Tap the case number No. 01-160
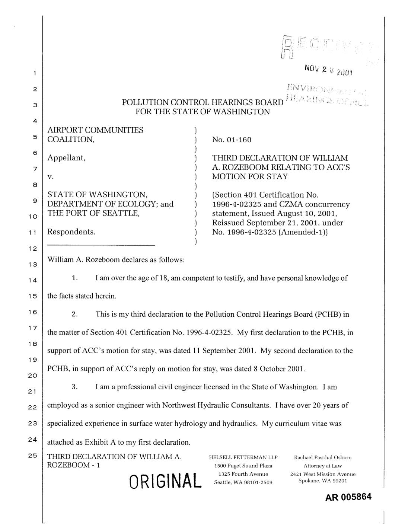click(x=232, y=140)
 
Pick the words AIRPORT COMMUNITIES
click(x=95, y=130)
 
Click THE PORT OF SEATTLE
click(x=93, y=214)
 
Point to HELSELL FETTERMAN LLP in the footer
click(x=243, y=457)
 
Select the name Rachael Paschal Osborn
click(x=323, y=457)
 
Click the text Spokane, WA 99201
click(x=323, y=481)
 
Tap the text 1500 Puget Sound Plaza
click(x=243, y=466)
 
